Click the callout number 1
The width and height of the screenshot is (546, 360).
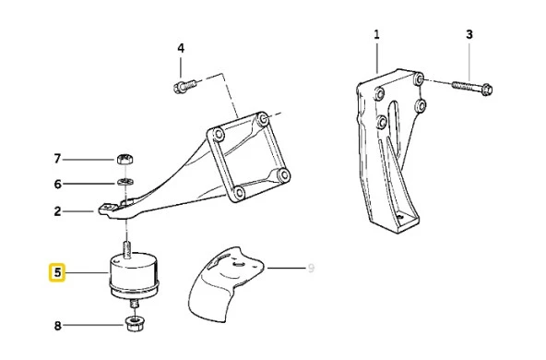376,34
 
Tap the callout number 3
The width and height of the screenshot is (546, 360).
469,34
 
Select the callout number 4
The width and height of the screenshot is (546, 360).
181,48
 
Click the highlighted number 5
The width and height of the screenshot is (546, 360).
57,272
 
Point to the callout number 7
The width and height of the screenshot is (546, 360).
57,159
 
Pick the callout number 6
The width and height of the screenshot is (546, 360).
57,184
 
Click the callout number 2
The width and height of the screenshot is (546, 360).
57,211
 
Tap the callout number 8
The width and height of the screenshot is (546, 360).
57,326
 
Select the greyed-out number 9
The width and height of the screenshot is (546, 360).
311,268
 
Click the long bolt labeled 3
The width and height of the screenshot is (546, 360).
473,88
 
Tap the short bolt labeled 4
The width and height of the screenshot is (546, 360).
184,85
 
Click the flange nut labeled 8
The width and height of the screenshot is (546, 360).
135,323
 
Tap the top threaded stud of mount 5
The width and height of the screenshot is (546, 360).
128,250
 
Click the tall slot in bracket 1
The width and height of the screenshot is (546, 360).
392,119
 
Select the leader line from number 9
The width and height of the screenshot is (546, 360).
286,268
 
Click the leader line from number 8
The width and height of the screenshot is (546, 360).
94,326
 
